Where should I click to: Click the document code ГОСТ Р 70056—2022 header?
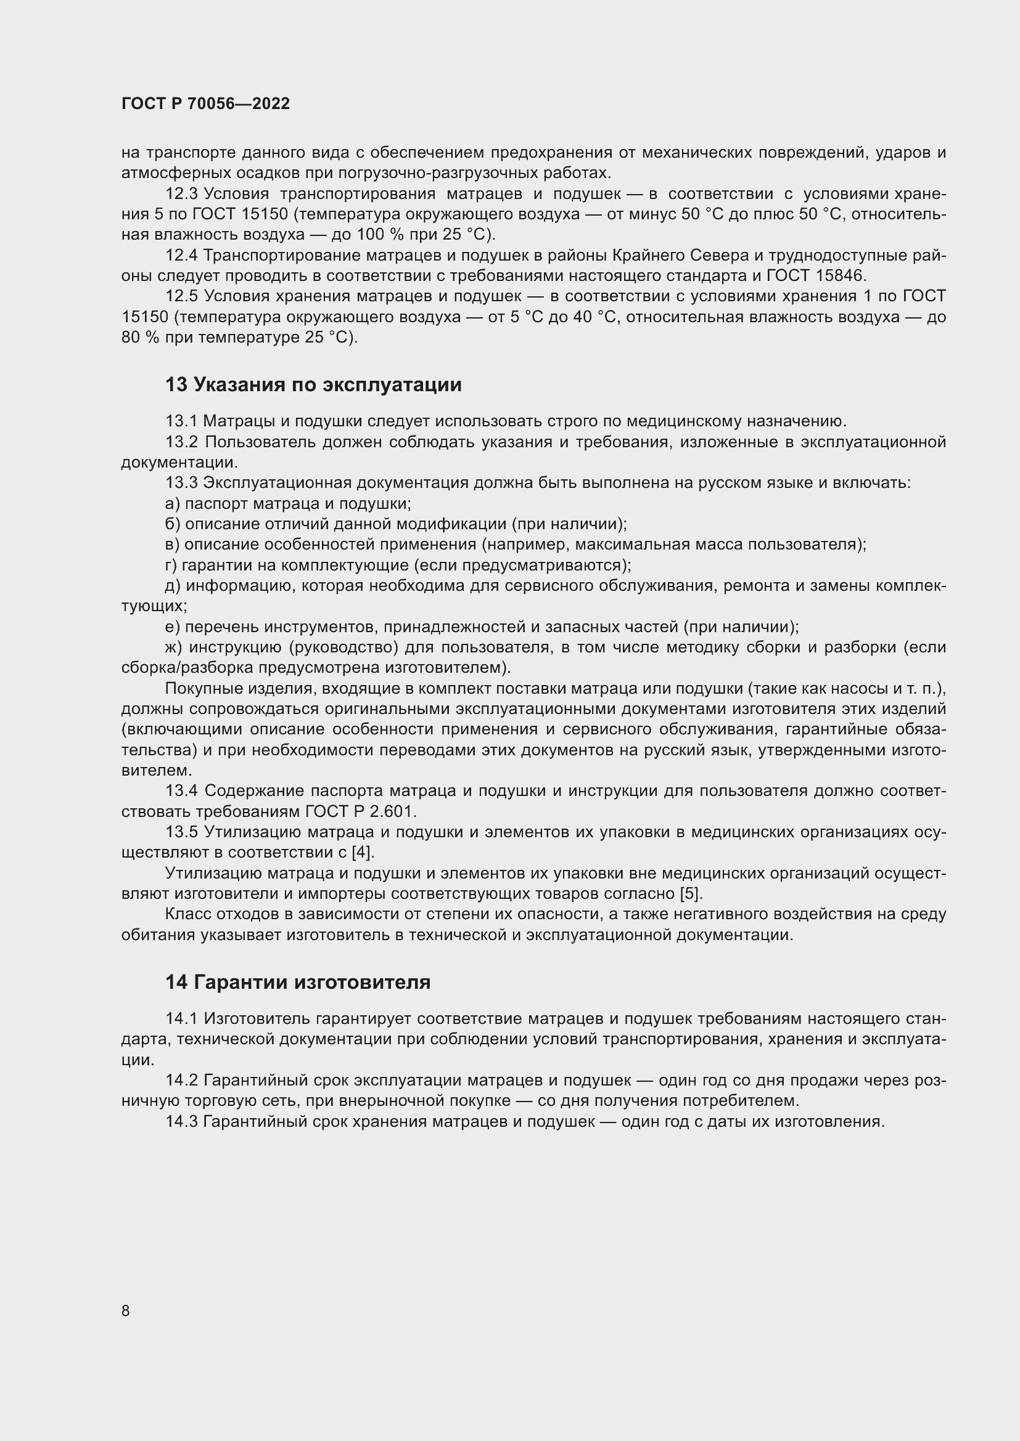[x=205, y=104]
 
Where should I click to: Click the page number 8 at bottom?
[x=126, y=1310]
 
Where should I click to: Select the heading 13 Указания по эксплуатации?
[x=313, y=384]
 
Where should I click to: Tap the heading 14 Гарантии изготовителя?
[x=298, y=982]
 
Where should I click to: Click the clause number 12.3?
[x=181, y=194]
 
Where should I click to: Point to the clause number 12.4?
[x=181, y=256]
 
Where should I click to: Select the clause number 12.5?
[x=181, y=296]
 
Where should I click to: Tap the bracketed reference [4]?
[x=362, y=852]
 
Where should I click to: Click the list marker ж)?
[x=174, y=647]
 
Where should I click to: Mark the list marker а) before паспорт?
[x=173, y=503]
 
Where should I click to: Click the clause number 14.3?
[x=181, y=1121]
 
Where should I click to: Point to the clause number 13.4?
[x=181, y=791]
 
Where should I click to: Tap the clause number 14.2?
[x=181, y=1080]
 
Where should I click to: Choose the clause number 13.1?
[x=181, y=421]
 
